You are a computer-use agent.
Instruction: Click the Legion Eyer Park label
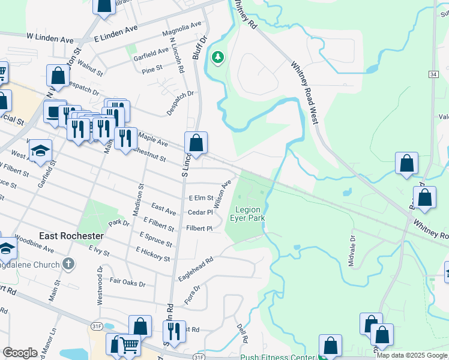coord(247,214)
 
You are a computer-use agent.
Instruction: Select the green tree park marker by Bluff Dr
coord(217,58)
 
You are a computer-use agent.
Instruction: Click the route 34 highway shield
coord(433,74)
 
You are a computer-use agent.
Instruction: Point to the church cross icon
coord(69,263)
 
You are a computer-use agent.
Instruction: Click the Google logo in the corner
coord(20,353)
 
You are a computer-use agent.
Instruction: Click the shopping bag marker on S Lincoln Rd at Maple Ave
coord(196,143)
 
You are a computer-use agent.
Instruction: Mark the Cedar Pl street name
coord(200,212)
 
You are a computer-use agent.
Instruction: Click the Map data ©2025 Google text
coord(412,355)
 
